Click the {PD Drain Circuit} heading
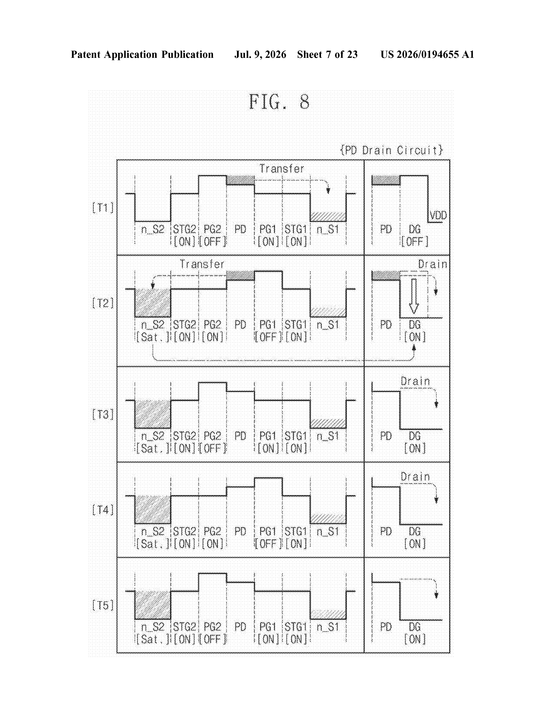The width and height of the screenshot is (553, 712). [x=391, y=150]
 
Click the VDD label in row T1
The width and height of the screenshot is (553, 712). [x=438, y=216]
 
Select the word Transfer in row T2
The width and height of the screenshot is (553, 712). [x=202, y=264]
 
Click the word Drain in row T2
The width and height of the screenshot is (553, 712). [x=432, y=264]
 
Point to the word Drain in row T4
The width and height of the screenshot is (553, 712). [x=415, y=477]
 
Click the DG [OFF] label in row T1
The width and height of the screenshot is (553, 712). [x=415, y=235]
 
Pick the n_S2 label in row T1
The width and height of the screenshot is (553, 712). [x=153, y=230]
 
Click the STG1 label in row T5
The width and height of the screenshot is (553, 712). [x=296, y=627]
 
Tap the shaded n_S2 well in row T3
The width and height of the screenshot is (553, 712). [x=153, y=414]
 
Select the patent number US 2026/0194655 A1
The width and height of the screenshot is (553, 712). [x=427, y=54]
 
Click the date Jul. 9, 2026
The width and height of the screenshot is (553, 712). [x=260, y=54]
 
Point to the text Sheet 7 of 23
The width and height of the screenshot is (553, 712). [x=327, y=54]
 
